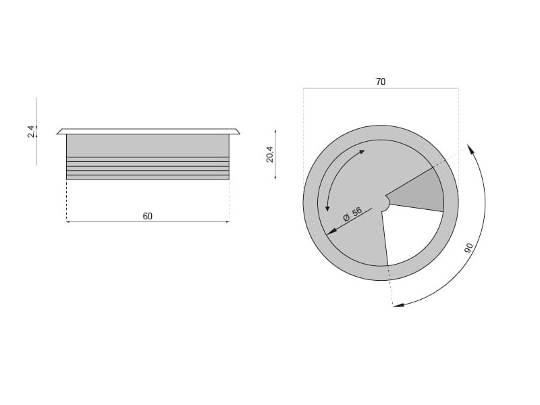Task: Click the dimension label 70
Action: point(381,82)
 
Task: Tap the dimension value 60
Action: point(147,216)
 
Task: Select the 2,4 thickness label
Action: point(31,132)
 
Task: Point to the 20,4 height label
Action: point(269,155)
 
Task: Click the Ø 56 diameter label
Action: point(352,214)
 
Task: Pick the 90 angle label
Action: point(468,248)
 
